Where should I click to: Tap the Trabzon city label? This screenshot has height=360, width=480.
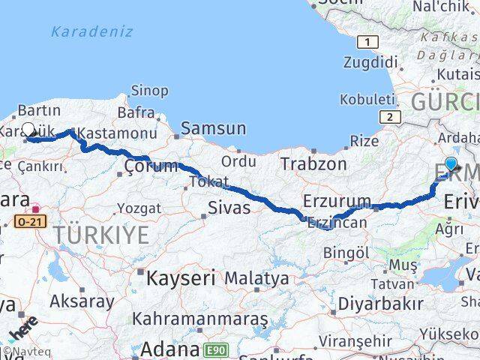[x=313, y=163]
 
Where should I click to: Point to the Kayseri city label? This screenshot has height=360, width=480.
[x=180, y=278]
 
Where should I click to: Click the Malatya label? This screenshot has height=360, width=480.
[x=256, y=278]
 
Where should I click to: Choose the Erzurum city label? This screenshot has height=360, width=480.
[x=337, y=201]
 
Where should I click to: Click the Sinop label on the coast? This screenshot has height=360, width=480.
[x=149, y=91]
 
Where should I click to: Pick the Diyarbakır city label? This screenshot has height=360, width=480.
[x=380, y=304]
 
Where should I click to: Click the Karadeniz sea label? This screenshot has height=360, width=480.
[x=92, y=31]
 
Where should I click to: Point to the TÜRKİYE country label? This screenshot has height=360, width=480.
[x=101, y=235]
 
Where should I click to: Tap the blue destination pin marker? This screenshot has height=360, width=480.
[x=451, y=164]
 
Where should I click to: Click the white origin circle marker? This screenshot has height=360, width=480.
[x=28, y=129]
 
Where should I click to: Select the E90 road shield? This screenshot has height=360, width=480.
[x=216, y=349]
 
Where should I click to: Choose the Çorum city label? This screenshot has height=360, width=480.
[x=151, y=166]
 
